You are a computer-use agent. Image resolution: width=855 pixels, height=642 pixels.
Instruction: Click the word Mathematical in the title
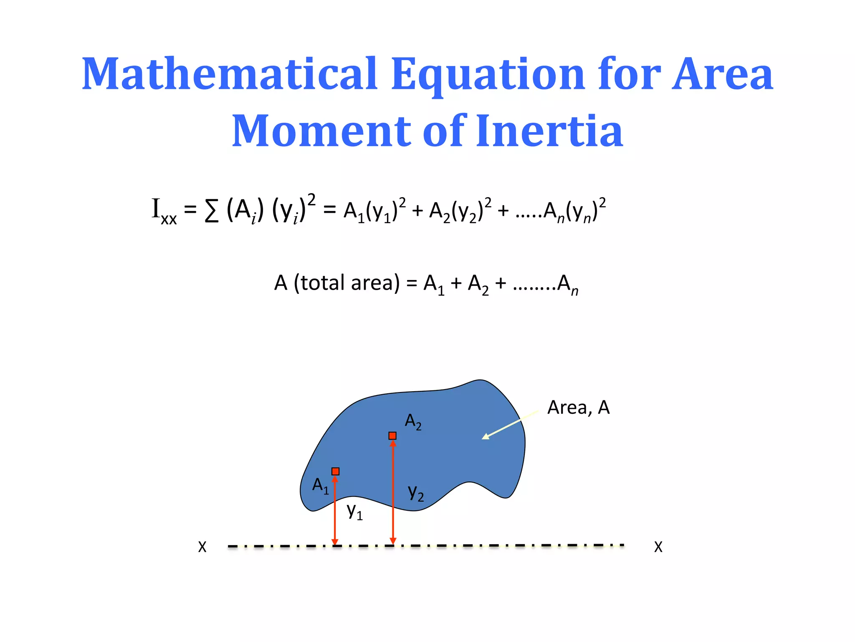230,74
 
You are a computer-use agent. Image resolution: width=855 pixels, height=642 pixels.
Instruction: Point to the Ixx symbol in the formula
164,211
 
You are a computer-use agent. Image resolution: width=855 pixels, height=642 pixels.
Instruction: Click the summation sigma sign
212,211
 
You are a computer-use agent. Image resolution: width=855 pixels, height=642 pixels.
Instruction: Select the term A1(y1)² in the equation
374,211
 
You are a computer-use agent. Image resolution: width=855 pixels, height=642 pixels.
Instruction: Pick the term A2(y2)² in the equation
460,211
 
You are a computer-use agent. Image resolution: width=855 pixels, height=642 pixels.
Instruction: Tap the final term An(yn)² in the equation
574,211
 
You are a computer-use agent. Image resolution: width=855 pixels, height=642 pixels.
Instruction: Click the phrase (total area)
347,283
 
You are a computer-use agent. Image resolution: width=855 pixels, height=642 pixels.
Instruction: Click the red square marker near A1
335,471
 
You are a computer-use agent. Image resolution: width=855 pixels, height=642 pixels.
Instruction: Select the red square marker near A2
392,436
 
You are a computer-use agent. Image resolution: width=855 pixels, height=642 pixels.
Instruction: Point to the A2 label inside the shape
413,421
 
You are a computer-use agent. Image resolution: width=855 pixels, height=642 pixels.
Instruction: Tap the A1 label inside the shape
321,486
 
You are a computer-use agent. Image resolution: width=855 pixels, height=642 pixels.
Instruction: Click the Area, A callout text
578,408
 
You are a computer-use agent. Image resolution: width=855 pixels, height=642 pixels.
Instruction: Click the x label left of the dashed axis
202,547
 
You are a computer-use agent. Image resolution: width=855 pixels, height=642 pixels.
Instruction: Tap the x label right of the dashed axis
658,547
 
